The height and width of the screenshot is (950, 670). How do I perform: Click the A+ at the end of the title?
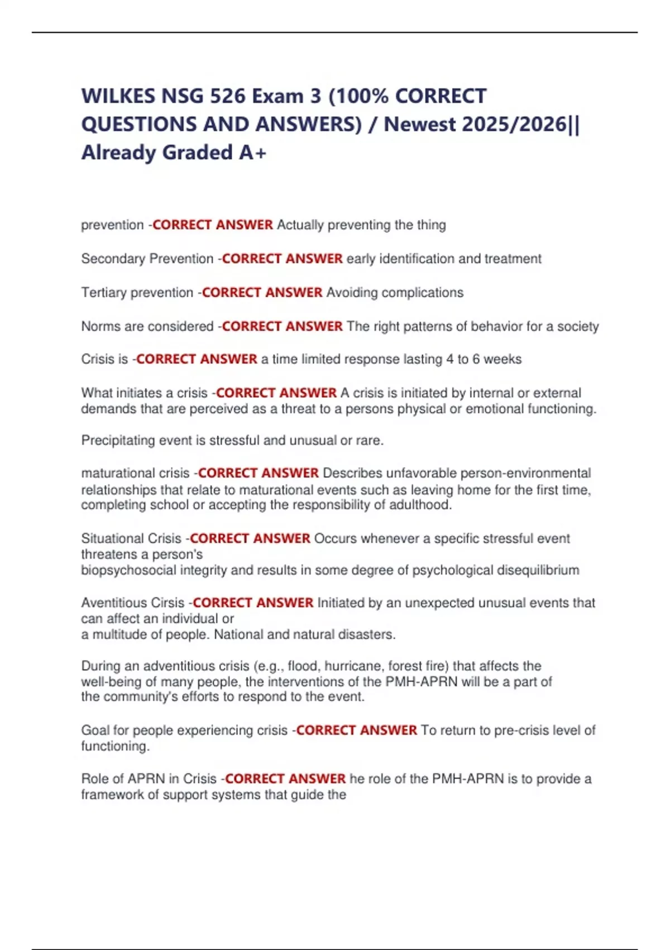[x=253, y=153]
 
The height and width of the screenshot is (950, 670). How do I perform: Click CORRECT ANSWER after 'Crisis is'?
[x=197, y=359]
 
